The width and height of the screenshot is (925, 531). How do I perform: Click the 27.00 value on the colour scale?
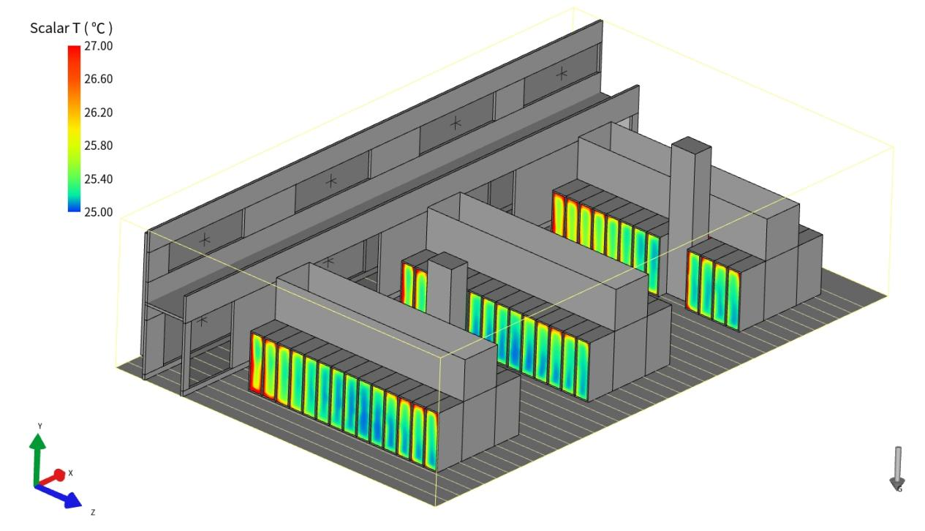pos(98,46)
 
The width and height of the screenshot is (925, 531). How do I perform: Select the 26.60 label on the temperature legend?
pos(98,79)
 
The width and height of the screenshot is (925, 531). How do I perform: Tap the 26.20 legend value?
pos(98,113)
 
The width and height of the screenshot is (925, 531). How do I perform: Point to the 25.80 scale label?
pos(98,146)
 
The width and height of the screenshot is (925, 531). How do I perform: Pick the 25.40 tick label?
pos(98,178)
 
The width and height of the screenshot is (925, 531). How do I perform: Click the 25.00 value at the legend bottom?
pos(98,212)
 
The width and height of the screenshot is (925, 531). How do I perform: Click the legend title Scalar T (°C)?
pos(71,28)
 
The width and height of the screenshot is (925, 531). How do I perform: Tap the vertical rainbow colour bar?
pos(74,129)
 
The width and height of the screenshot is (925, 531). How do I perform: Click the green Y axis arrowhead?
pos(38,441)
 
